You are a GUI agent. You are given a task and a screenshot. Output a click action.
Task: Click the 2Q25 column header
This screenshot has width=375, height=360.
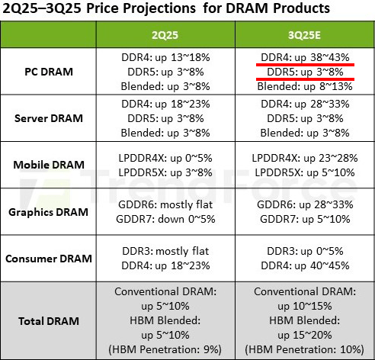pos(163,36)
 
